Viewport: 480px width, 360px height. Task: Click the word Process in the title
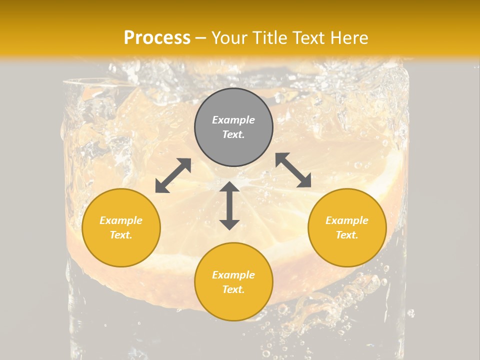tap(157, 38)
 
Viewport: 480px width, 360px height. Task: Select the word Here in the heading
tap(348, 38)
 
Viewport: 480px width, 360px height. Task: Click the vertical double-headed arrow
tap(229, 206)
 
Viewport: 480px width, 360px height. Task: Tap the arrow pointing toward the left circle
tap(173, 175)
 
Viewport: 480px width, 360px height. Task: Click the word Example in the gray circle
tap(233, 120)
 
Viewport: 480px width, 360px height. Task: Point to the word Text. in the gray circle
tap(233, 134)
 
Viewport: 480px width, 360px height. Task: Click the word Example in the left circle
tap(121, 220)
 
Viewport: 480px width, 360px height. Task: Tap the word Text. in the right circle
tap(347, 235)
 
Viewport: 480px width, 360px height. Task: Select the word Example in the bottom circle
tap(233, 275)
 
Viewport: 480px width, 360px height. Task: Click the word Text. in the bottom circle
tap(233, 289)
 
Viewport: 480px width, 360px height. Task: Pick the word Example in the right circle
tap(347, 220)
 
